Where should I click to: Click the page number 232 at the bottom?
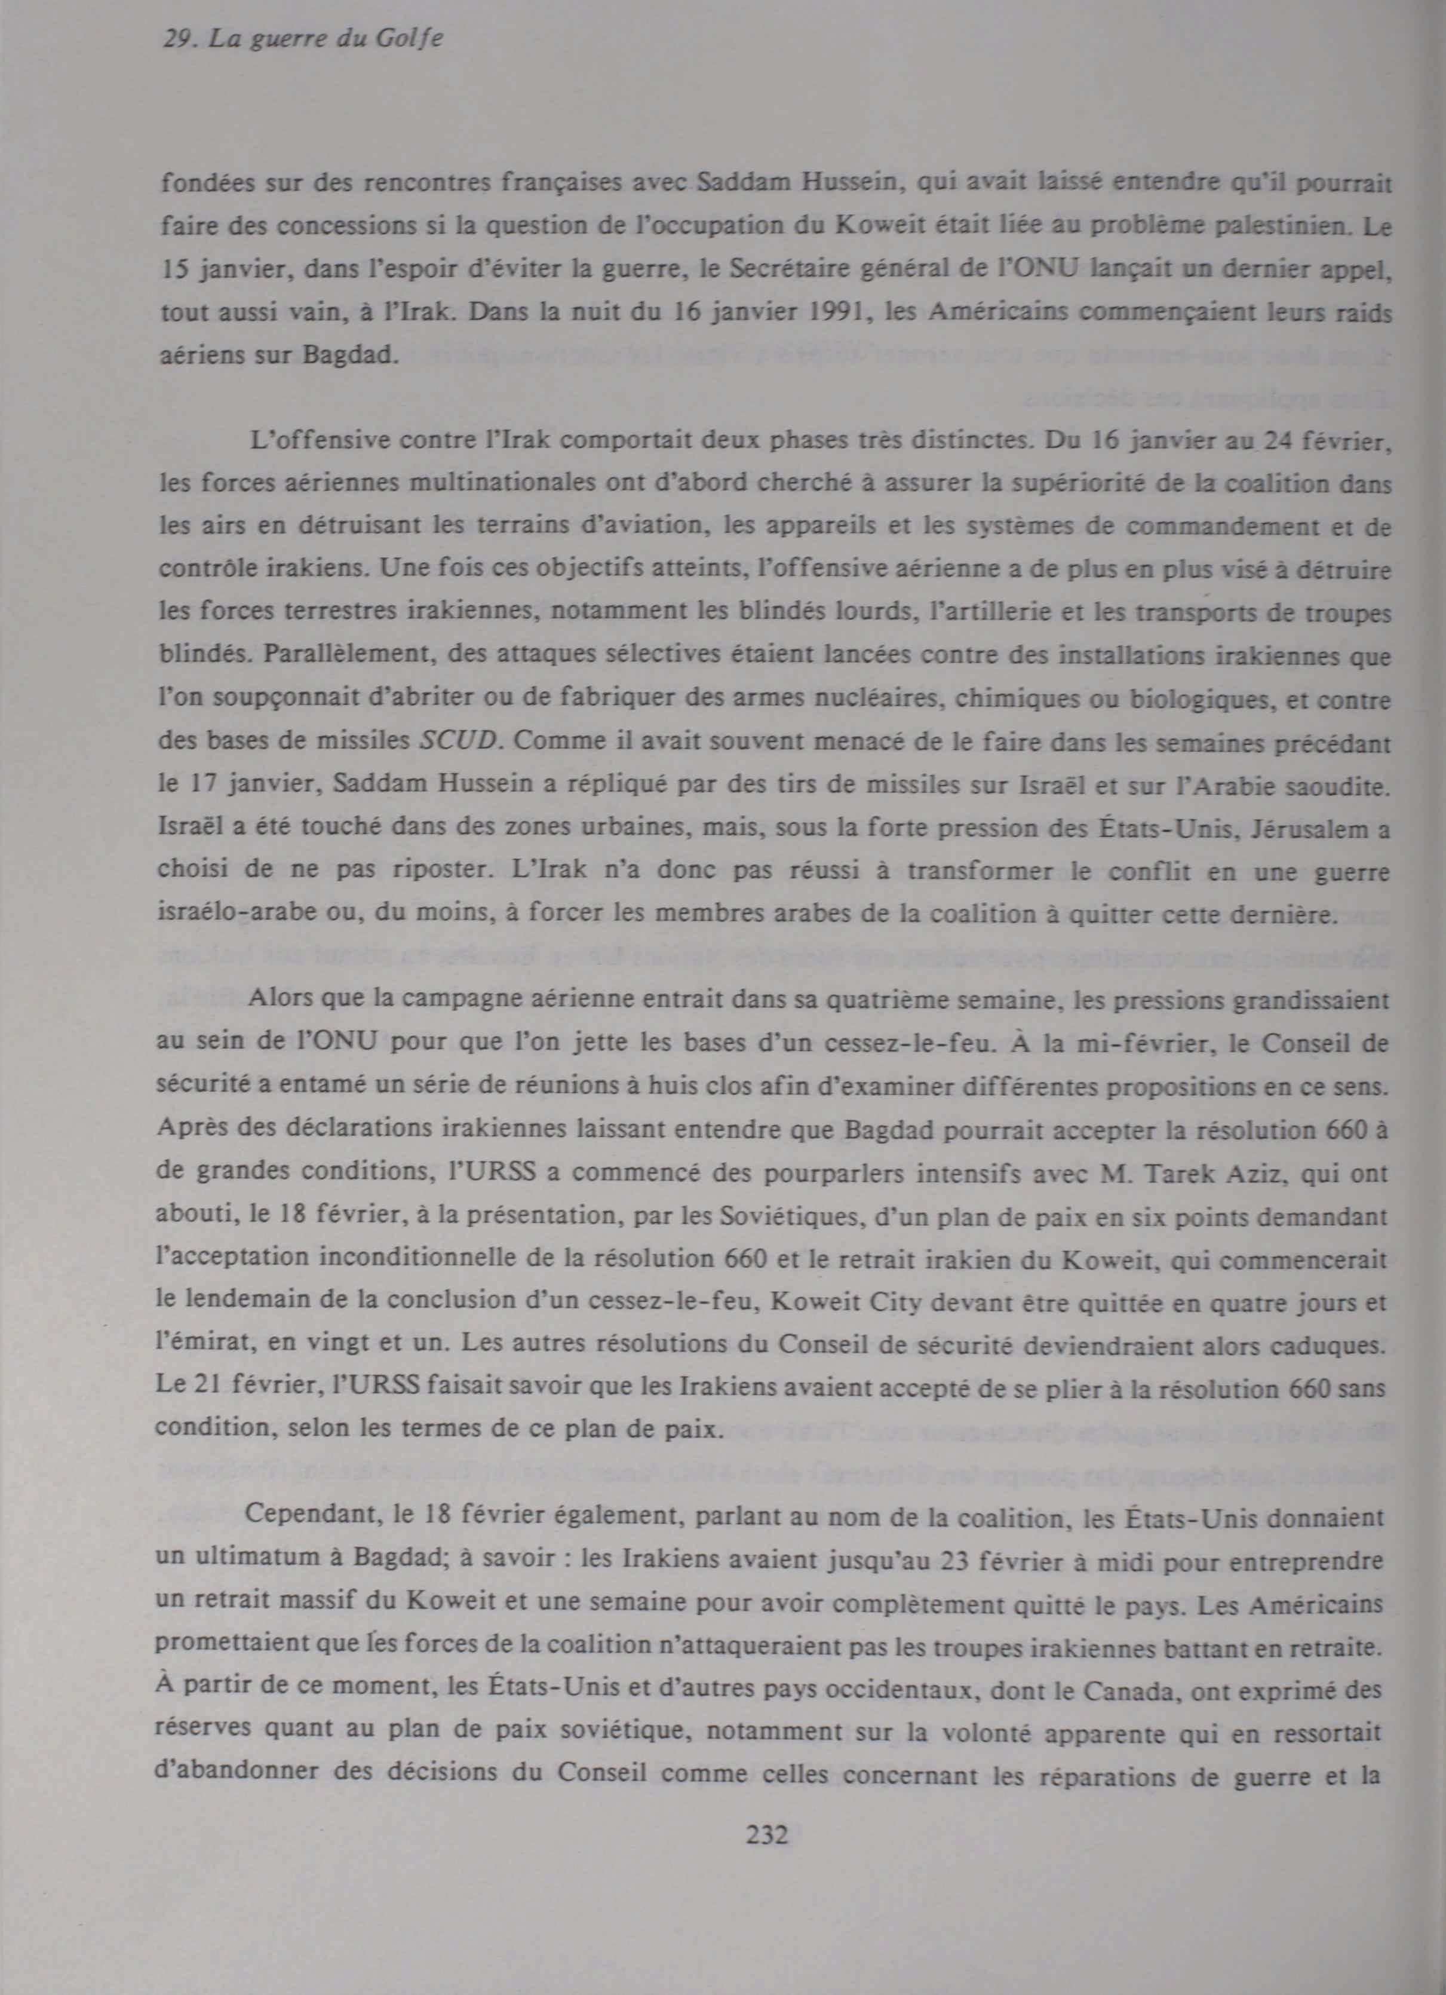[x=767, y=1835]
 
